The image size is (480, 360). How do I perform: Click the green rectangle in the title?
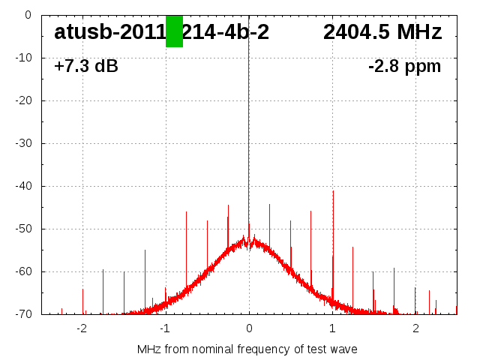174,31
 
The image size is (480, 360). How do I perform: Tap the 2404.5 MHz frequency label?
382,32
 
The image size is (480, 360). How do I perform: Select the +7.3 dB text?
85,67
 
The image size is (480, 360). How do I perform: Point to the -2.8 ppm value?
404,67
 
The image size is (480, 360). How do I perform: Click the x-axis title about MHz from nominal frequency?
247,349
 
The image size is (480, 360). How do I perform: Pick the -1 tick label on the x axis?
164,328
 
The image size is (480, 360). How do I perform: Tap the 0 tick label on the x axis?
249,328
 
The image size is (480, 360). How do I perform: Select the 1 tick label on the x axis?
332,328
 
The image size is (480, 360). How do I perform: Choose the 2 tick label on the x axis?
415,328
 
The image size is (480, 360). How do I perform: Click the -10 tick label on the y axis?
22,58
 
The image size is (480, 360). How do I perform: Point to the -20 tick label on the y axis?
22,100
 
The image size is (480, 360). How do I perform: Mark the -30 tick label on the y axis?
22,143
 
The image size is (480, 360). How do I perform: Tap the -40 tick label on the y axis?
22,186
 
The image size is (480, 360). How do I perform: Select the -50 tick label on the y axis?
22,229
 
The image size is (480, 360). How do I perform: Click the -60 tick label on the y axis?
22,271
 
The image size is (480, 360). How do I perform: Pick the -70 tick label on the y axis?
22,314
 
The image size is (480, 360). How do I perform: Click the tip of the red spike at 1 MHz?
333,191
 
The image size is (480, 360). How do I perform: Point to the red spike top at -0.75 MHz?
186,212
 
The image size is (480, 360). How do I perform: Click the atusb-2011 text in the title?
109,32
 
